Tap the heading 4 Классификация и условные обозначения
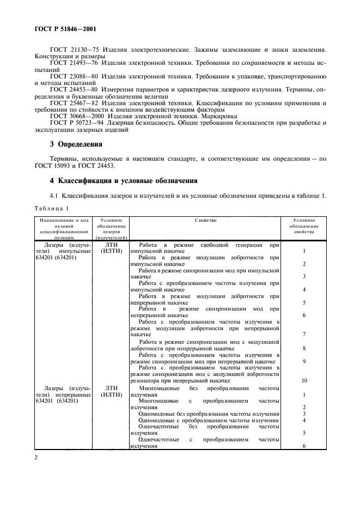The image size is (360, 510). [122, 180]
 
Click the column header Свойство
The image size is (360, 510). [205, 220]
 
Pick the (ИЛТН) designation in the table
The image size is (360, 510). [111, 394]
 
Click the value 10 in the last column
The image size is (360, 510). [303, 381]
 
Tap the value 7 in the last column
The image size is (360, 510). [303, 334]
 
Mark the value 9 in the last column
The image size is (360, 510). [303, 361]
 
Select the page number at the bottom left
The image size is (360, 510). [36, 457]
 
